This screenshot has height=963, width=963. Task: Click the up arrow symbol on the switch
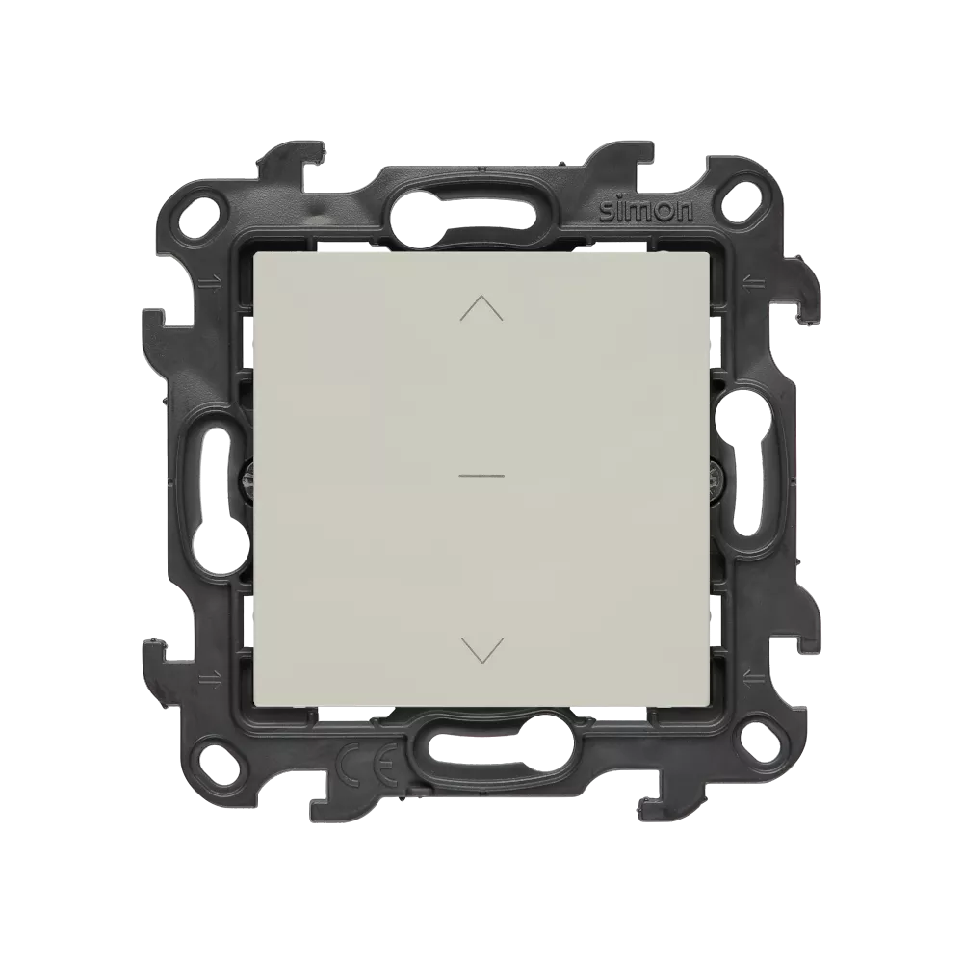(481, 308)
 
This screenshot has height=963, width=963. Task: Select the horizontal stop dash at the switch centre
(481, 476)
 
